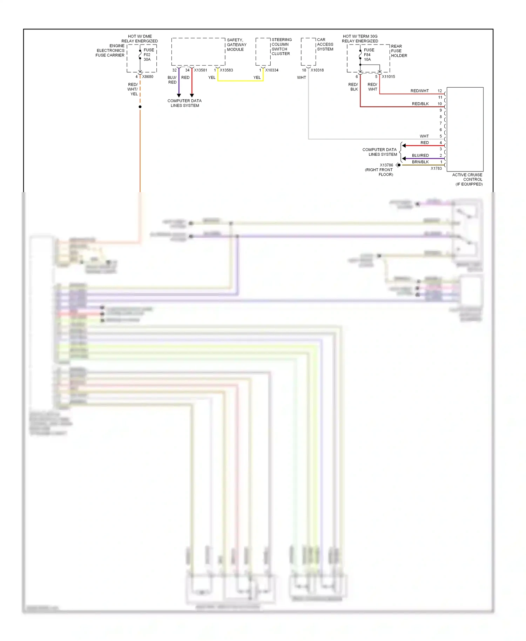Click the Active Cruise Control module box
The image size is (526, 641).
coord(465,129)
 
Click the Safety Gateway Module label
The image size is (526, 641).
coord(237,45)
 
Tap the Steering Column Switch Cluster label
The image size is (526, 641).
coord(281,47)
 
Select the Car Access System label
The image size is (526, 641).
coord(325,45)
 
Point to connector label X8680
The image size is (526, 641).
coord(148,77)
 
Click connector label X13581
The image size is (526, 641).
coord(201,70)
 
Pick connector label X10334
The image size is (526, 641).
coord(272,70)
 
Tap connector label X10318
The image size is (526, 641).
coord(317,70)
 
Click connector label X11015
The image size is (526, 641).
coord(388,77)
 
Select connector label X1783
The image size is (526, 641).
coord(436,169)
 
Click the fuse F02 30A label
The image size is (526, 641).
coord(148,55)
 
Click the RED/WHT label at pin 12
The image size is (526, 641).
coord(419,91)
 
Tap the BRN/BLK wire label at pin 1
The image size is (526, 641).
coord(420,162)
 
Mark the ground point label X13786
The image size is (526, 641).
coord(386,165)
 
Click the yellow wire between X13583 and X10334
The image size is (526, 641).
coord(240,81)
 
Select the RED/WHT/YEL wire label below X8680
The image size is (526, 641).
coord(133,89)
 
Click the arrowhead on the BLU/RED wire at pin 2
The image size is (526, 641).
coord(404,158)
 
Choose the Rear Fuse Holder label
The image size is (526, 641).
coord(399,51)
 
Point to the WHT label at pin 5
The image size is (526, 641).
coord(424,136)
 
